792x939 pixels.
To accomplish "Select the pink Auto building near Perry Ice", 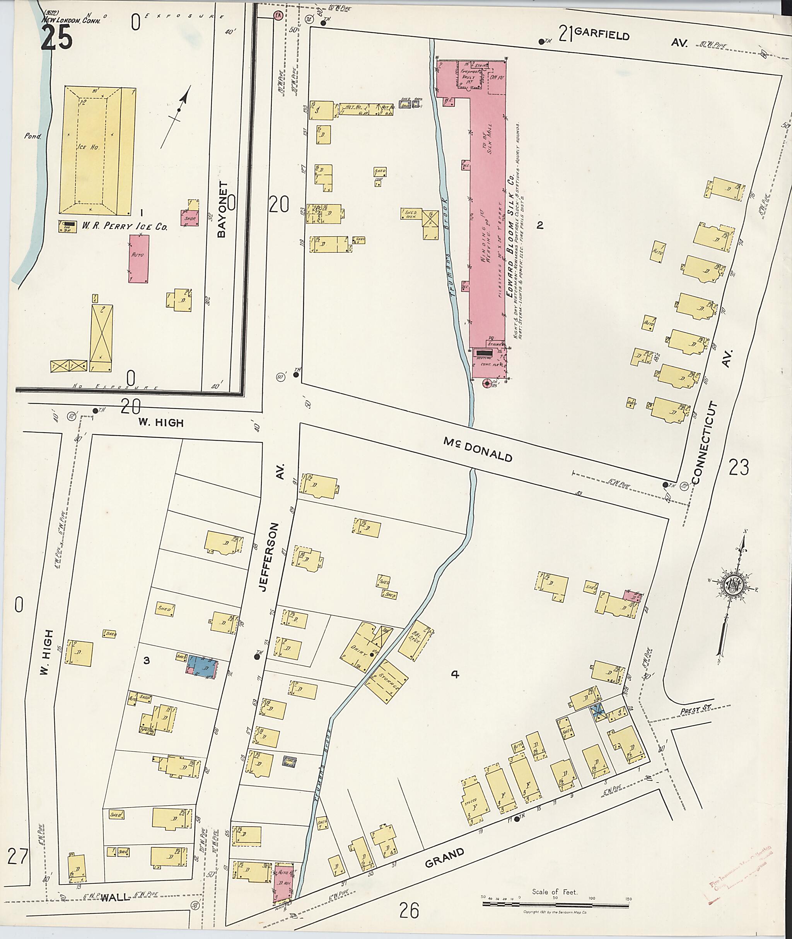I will click(139, 259).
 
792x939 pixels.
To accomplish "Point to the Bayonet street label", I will click(222, 209).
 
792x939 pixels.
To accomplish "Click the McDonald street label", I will click(478, 449).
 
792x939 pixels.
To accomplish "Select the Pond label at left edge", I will click(33, 136).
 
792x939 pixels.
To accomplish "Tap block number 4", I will click(455, 674).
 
